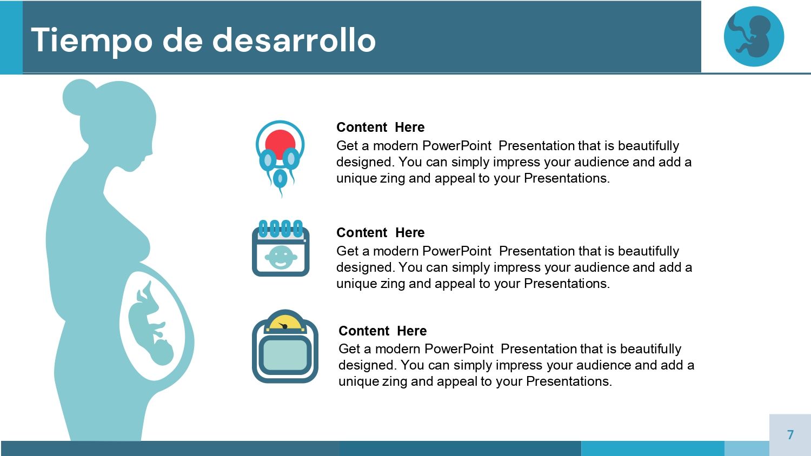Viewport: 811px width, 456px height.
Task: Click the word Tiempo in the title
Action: (91, 41)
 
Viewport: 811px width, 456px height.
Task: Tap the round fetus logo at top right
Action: (754, 37)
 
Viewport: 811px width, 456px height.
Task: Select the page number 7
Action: (790, 435)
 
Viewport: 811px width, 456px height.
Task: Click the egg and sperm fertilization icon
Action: (280, 157)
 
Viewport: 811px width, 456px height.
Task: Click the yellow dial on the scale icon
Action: (285, 323)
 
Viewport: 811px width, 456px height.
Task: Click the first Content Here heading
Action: (380, 128)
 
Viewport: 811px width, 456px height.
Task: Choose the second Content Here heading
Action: (380, 233)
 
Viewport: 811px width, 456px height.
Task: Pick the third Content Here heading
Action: (382, 331)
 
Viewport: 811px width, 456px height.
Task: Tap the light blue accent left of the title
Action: (11, 37)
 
